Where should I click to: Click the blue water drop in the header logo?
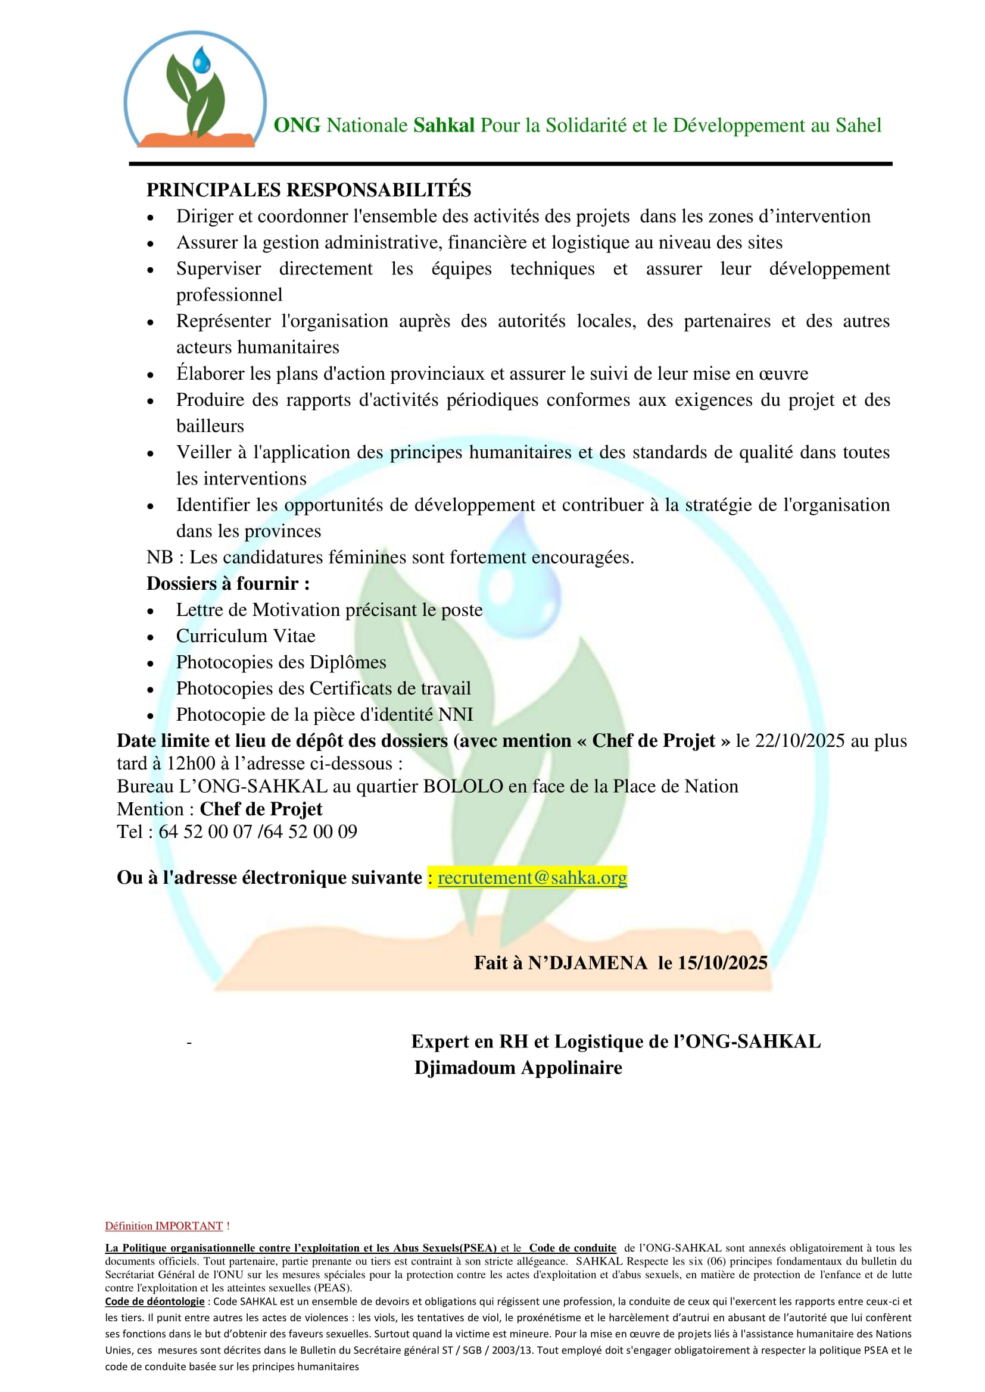click(201, 61)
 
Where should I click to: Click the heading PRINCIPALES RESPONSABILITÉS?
click(308, 190)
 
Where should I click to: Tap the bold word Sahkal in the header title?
click(444, 126)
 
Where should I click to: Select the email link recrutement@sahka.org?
click(532, 877)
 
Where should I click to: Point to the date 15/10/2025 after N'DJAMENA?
click(722, 963)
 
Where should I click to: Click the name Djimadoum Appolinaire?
click(518, 1068)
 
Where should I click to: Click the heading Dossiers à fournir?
click(228, 583)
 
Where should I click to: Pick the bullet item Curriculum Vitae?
click(245, 636)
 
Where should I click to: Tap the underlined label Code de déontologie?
click(155, 1302)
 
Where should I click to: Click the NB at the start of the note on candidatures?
click(160, 557)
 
